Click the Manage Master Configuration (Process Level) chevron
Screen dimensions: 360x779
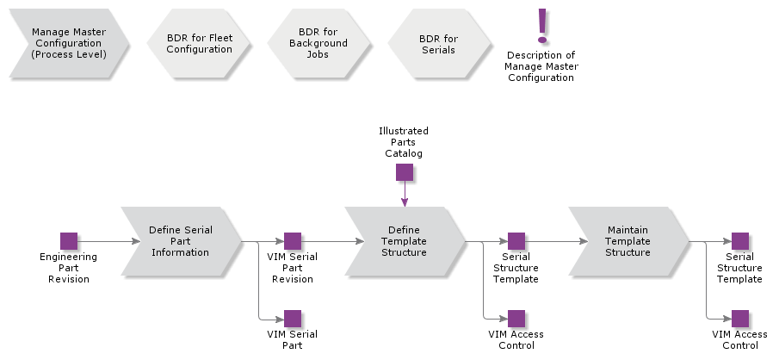69,43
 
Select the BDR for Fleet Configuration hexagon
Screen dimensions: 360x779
199,44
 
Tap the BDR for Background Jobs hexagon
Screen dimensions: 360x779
318,43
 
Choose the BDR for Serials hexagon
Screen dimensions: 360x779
437,44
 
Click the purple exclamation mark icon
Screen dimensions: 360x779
542,26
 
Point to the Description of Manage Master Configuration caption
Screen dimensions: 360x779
541,66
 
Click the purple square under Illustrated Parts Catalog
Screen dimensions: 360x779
405,172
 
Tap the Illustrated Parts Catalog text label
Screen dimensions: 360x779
404,142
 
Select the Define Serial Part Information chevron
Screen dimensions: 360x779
181,241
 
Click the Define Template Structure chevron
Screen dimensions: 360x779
405,241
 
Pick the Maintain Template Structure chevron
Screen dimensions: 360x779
628,241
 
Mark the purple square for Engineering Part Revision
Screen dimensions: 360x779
69,241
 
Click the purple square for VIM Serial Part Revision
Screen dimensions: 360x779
293,241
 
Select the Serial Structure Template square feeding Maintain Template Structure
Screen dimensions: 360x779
516,241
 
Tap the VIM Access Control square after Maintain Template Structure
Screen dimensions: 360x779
740,319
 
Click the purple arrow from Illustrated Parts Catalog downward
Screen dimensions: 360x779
405,195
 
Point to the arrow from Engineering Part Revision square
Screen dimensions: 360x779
108,241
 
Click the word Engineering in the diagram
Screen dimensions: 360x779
69,257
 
